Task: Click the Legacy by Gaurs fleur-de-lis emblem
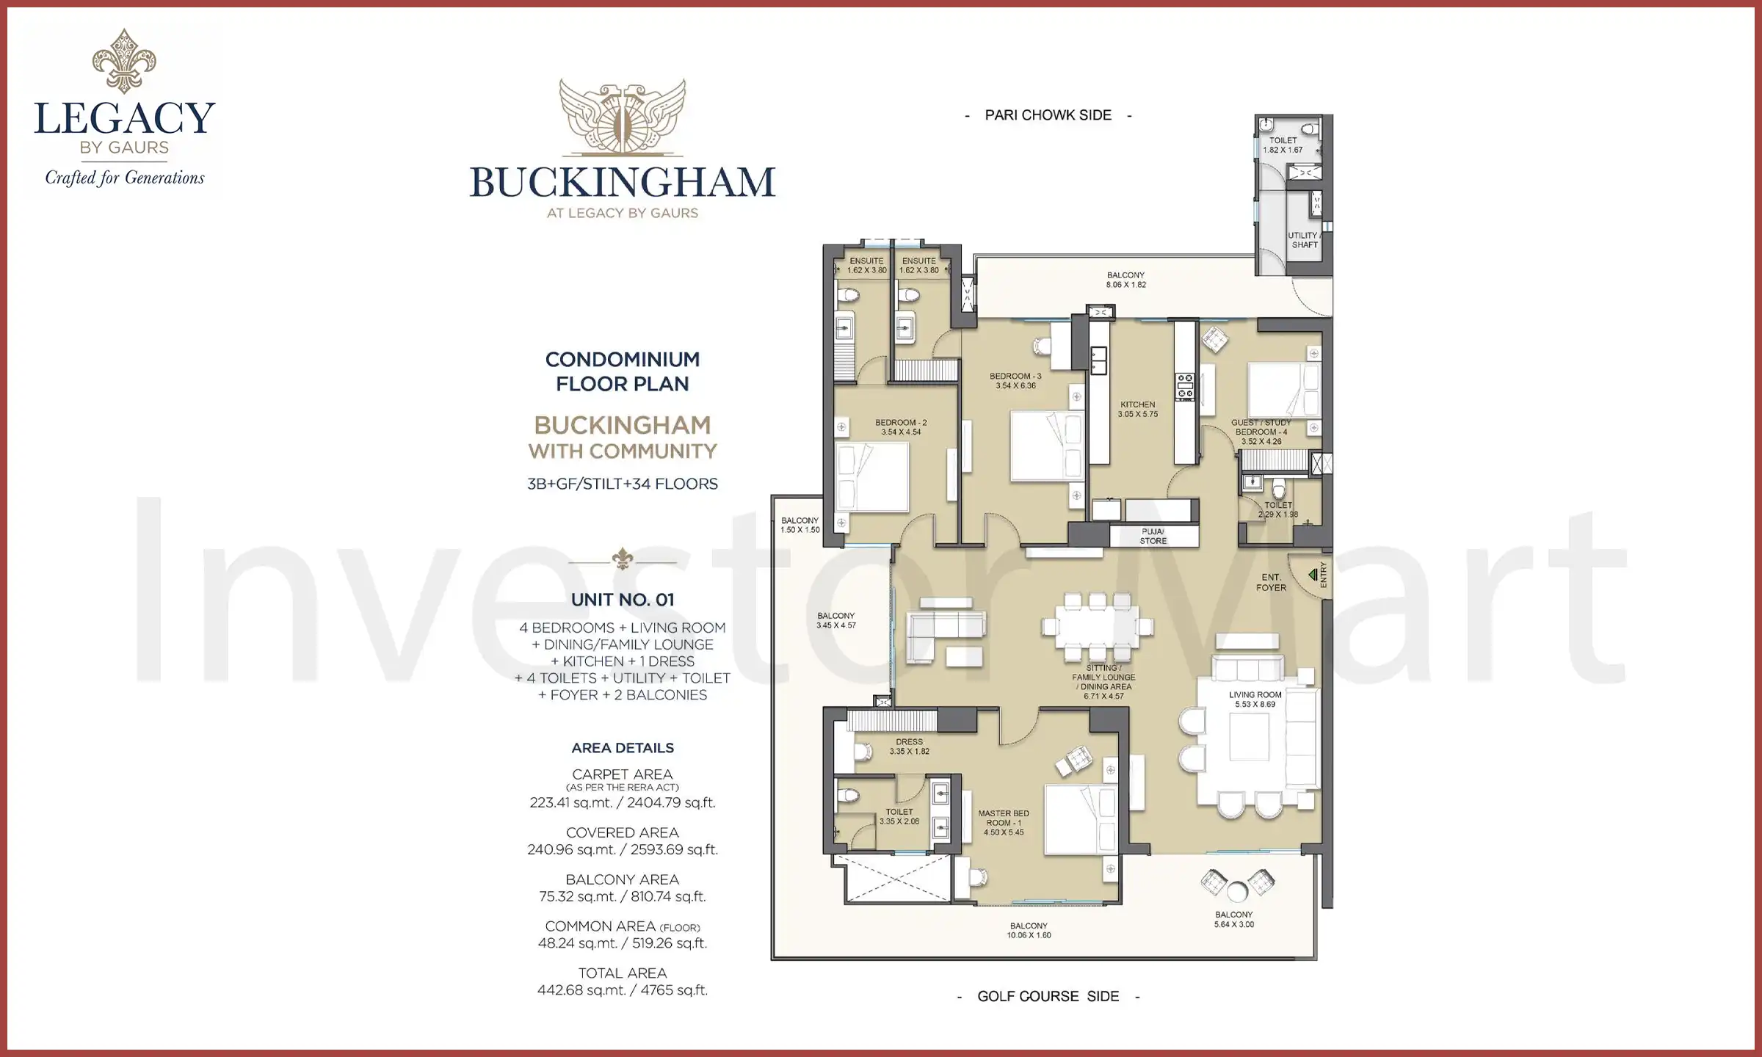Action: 124,62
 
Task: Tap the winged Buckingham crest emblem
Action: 622,117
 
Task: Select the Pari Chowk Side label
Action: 1048,115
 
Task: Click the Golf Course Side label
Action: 1048,996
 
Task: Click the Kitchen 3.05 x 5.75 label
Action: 1137,410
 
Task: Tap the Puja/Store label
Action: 1153,537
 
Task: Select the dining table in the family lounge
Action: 1097,628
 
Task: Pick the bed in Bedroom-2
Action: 872,477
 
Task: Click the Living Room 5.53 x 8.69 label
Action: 1255,700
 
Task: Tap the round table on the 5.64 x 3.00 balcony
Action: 1237,892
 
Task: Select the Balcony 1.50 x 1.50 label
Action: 800,525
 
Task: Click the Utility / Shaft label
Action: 1304,240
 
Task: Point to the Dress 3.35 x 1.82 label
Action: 909,747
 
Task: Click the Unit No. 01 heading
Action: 622,600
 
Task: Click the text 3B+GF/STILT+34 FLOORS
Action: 622,484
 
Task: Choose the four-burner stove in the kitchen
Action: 1185,386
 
